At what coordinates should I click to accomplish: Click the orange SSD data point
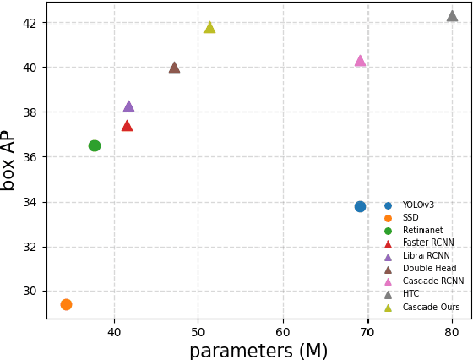(x=66, y=304)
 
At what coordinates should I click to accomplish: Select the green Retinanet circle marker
(x=95, y=145)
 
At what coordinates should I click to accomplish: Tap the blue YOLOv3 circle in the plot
(x=360, y=206)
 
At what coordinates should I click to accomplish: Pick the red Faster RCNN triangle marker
(x=127, y=126)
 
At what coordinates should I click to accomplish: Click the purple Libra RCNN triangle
(x=128, y=106)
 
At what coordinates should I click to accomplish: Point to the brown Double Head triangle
(x=174, y=68)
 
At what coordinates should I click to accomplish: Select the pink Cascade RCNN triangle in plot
(x=360, y=61)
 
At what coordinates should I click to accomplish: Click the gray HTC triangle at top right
(x=452, y=16)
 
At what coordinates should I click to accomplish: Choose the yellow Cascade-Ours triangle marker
(x=209, y=28)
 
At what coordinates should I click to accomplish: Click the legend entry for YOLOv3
(x=418, y=205)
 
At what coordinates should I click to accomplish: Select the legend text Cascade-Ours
(x=431, y=307)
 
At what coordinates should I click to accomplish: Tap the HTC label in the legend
(x=410, y=294)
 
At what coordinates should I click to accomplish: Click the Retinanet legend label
(x=422, y=231)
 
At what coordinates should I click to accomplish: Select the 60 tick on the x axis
(x=283, y=332)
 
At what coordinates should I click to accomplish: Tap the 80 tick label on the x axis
(x=452, y=332)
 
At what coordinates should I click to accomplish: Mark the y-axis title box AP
(x=9, y=160)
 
